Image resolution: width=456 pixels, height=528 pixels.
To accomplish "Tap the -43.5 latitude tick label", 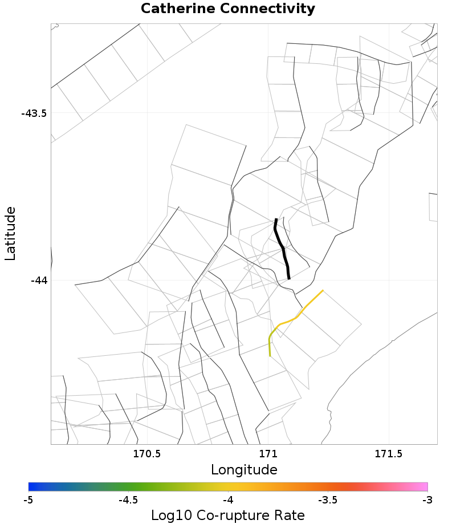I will [x=34, y=113].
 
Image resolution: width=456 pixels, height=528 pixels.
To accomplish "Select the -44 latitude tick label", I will [x=39, y=280].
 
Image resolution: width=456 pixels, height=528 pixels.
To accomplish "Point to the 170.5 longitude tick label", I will [x=147, y=454].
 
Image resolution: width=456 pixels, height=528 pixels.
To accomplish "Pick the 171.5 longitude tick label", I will [x=389, y=454].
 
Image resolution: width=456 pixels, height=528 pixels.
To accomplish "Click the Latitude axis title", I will [x=11, y=234].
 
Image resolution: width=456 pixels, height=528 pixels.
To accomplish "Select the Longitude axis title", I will [x=244, y=470].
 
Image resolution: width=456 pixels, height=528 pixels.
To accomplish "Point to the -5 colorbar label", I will [x=28, y=500].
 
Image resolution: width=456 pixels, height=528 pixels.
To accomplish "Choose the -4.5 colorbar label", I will [x=128, y=500].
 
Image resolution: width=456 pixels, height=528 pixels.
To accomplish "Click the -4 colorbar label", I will [x=228, y=500].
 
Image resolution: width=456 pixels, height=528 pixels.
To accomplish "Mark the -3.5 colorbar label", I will [x=327, y=500].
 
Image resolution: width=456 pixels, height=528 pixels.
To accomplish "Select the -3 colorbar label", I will [x=427, y=500].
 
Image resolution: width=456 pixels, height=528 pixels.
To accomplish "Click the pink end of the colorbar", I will [x=424, y=486].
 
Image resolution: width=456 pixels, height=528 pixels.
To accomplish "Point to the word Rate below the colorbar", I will [x=288, y=515].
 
